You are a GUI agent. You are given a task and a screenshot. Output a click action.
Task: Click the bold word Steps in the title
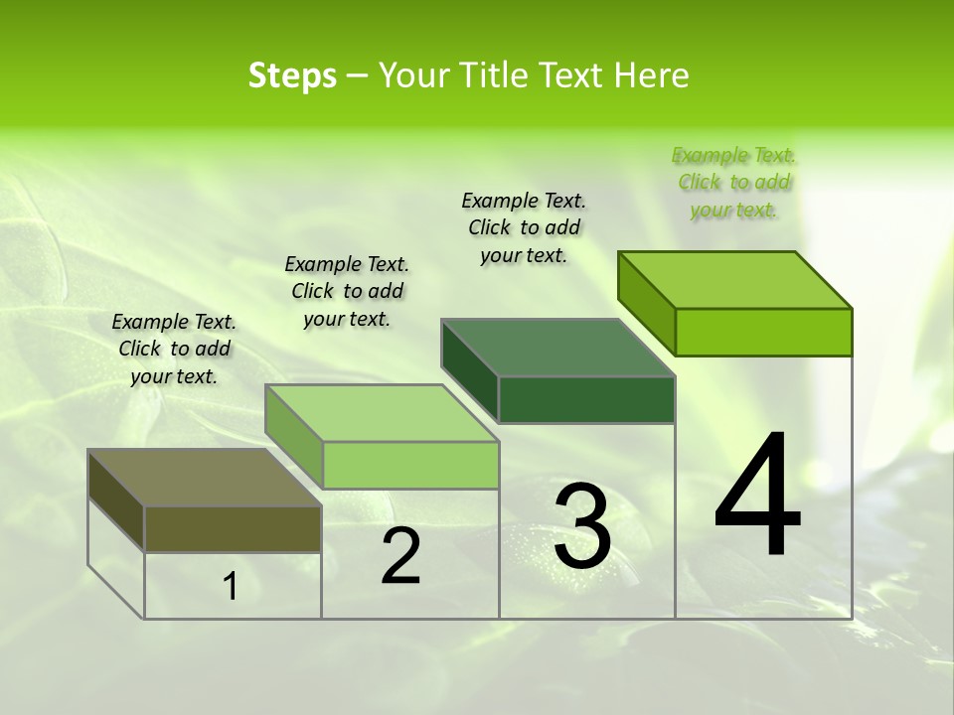pos(292,75)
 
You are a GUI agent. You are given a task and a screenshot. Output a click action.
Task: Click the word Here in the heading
pos(650,75)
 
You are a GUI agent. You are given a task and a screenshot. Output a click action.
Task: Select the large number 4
pos(757,497)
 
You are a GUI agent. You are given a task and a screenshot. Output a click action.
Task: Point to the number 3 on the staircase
pos(581,526)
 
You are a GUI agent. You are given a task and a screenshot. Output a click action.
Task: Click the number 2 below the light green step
pos(400,556)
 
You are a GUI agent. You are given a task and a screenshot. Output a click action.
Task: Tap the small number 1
pos(231,587)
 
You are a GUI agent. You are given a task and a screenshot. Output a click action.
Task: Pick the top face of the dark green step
pos(557,348)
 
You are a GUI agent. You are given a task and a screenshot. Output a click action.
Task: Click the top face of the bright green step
pos(735,280)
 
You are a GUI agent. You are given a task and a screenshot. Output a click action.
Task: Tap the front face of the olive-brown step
pos(233,528)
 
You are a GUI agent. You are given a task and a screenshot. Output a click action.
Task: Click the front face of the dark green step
pos(586,399)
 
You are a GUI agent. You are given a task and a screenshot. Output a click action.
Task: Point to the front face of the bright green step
pos(763,332)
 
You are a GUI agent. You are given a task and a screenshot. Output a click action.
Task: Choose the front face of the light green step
pos(410,465)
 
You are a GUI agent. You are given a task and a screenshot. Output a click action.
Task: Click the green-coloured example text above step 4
pos(733,183)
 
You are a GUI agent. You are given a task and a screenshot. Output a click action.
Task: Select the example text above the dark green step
pos(524,227)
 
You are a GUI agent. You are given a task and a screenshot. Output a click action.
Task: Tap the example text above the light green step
pos(347,291)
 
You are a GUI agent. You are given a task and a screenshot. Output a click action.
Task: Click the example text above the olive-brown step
pos(174,349)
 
